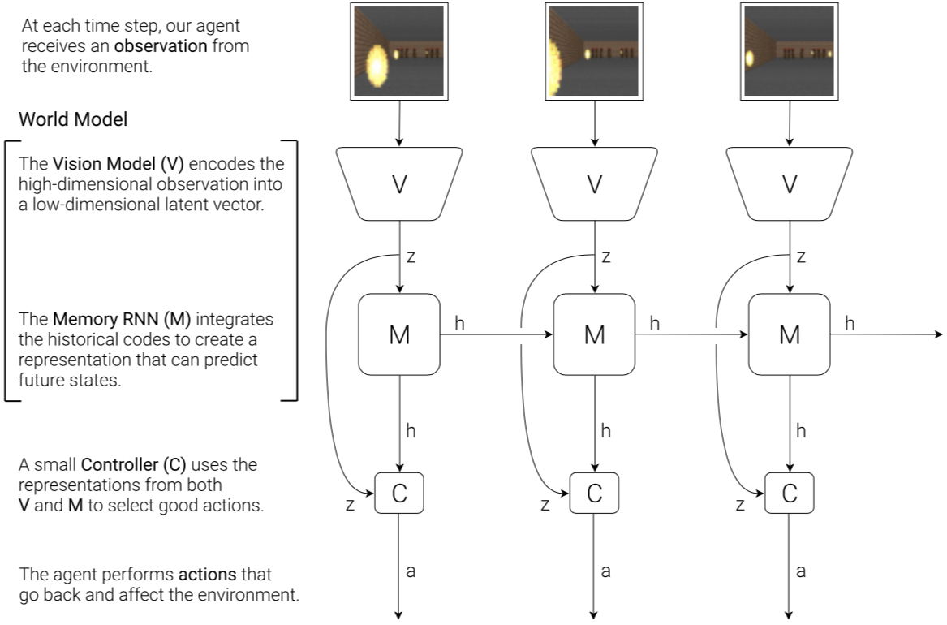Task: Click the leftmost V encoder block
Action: tap(399, 183)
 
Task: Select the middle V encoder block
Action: tap(595, 183)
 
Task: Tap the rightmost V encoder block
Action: tap(790, 183)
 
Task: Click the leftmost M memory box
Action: tap(399, 334)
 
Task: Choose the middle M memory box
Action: tap(595, 334)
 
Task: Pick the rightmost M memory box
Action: tap(790, 334)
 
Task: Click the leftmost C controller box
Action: tap(399, 493)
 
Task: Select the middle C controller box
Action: tap(595, 493)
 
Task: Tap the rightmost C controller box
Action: tap(790, 493)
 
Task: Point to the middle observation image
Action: tap(595, 52)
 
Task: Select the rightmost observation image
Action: tap(790, 52)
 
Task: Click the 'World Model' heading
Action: tap(73, 120)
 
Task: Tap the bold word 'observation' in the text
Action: tap(160, 46)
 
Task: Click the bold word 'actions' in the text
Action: tap(207, 575)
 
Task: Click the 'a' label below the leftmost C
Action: tap(411, 571)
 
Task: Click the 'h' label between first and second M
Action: tap(460, 323)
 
